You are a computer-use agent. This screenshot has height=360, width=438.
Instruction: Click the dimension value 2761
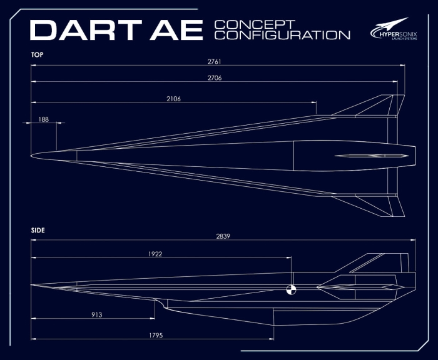coord(214,61)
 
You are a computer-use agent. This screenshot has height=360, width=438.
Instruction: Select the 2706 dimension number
coord(215,78)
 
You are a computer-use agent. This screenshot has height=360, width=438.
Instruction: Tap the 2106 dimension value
coord(173,99)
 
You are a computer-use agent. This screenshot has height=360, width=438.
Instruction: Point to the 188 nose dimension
coord(44,119)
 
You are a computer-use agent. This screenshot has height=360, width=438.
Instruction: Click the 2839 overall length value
coord(223,236)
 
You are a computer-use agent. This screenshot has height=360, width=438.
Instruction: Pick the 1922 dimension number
coord(155,254)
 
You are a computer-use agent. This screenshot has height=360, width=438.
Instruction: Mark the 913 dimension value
coord(96,315)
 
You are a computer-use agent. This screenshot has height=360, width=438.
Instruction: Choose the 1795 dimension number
coord(156,336)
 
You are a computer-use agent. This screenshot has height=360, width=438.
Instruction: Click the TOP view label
coord(37,55)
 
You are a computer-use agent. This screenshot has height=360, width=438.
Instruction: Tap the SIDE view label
coord(38,230)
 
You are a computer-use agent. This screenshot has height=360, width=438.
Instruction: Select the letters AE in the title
coord(176,30)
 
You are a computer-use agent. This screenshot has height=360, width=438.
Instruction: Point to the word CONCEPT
coord(255,24)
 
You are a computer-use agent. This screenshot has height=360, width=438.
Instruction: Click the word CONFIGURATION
coord(282,35)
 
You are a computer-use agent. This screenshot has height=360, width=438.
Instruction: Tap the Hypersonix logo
coord(394,29)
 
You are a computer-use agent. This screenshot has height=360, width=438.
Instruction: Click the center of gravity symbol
coord(292,289)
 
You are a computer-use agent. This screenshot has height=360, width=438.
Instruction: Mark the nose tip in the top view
coord(31,156)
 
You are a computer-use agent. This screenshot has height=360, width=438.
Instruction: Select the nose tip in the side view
coord(31,285)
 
